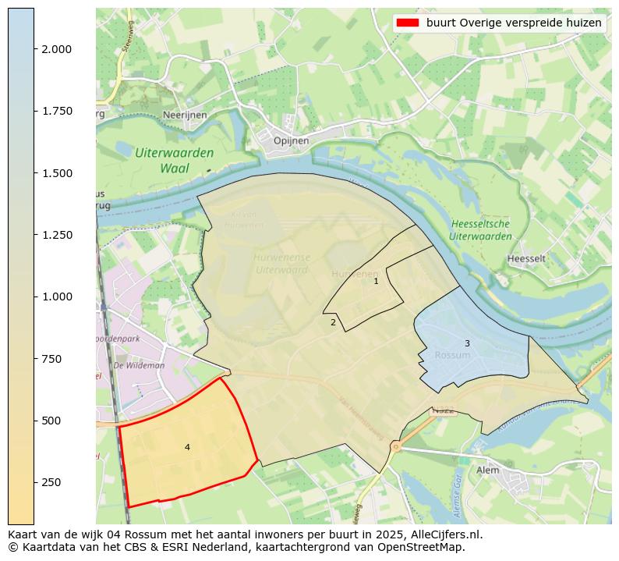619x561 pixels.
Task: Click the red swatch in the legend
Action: point(406,23)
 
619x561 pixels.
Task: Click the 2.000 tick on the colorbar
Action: point(58,48)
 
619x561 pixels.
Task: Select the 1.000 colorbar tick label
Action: point(58,296)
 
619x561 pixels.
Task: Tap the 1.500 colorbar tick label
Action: point(58,172)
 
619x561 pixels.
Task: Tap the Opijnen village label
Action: point(292,140)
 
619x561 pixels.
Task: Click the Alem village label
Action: point(488,470)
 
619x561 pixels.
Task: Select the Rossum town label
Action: point(452,355)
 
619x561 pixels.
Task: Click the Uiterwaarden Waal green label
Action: point(174,161)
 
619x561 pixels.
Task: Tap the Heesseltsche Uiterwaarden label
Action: point(481,230)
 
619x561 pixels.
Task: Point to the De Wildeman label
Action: point(139,365)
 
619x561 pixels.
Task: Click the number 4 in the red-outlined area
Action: point(187,447)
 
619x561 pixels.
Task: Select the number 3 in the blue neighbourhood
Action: point(467,343)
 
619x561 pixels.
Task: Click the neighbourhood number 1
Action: point(376,281)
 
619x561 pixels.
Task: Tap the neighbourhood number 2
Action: point(333,322)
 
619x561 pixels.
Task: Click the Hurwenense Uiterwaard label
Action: point(281,264)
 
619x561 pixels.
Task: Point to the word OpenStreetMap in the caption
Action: point(425,547)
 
